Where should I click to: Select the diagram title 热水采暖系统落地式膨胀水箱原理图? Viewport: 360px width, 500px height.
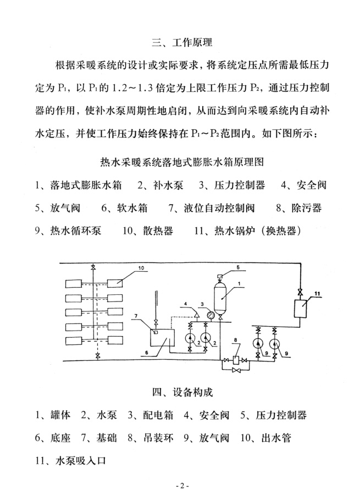(x=182, y=162)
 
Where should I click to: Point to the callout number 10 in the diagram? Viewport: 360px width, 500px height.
(x=141, y=268)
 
